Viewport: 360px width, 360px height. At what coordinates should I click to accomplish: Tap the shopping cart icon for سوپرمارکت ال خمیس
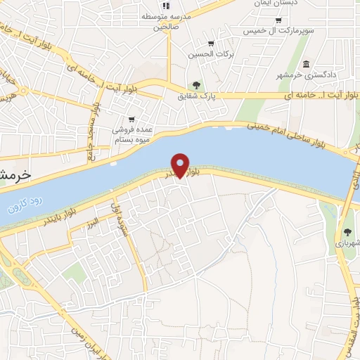(279, 20)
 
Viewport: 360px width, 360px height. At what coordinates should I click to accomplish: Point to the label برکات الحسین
(211, 53)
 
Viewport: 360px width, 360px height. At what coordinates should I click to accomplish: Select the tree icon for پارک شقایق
(206, 85)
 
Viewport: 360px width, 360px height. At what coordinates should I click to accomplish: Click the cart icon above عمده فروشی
(131, 119)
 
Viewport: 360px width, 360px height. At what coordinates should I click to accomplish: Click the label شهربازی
(347, 243)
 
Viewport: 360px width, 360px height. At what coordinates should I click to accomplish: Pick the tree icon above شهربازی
(348, 231)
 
